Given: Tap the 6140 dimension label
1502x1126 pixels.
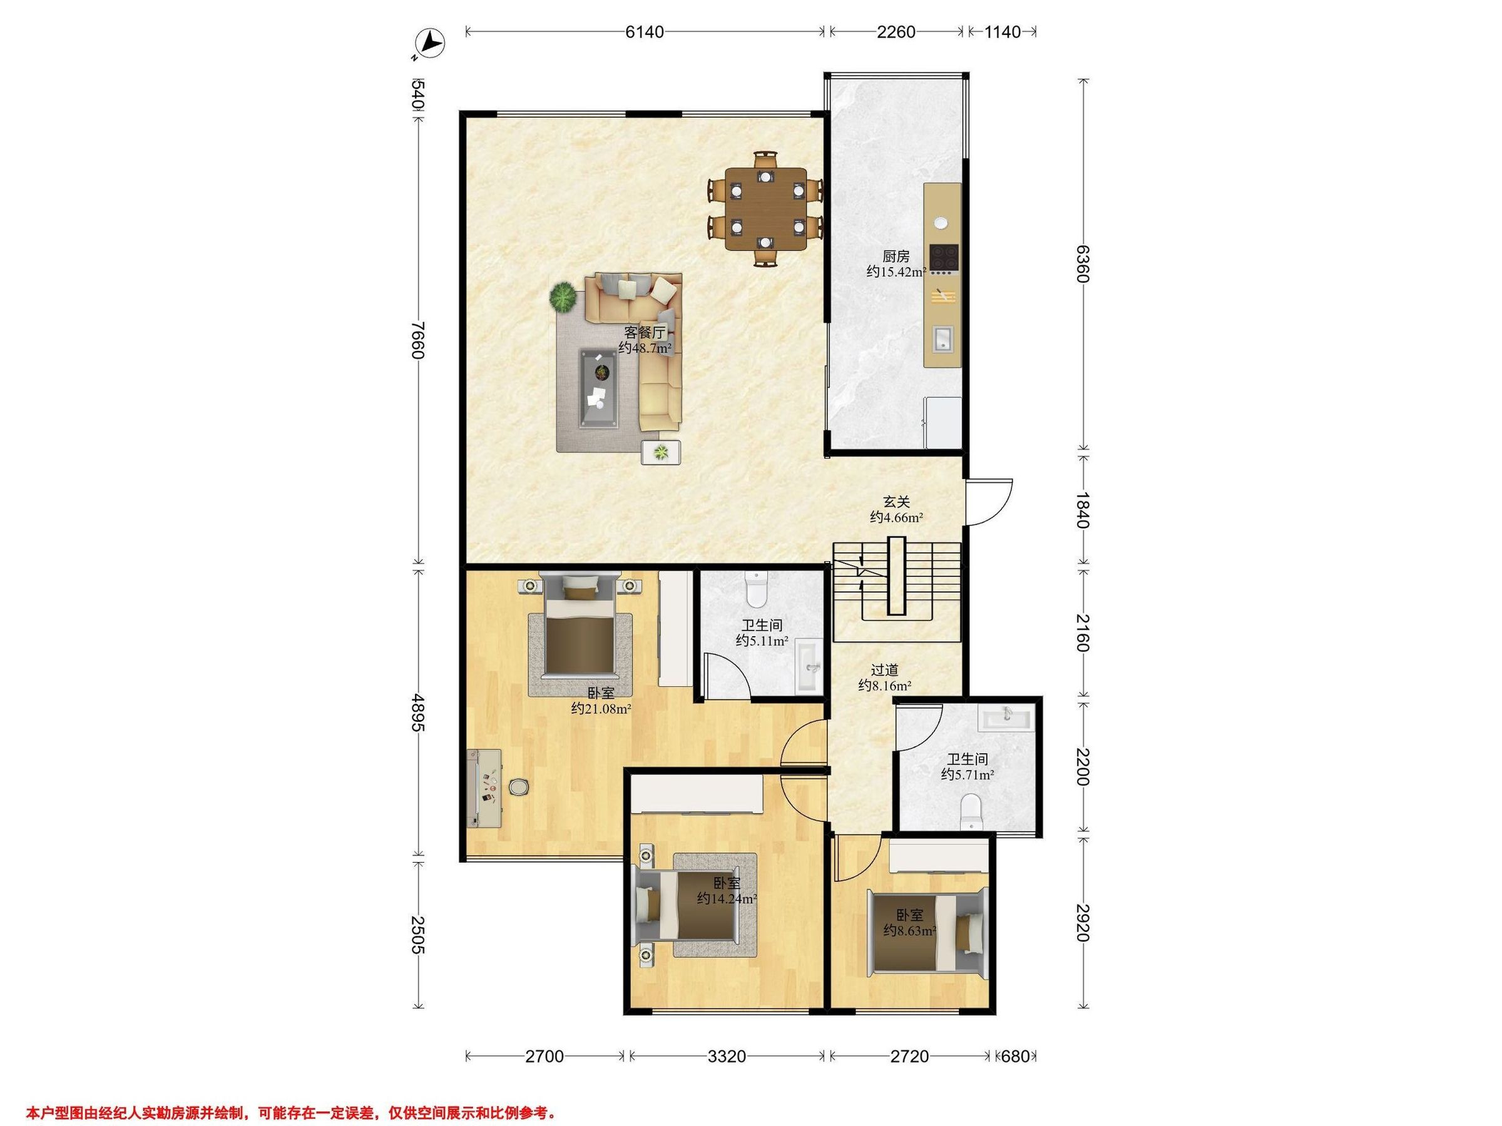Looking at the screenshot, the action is [645, 32].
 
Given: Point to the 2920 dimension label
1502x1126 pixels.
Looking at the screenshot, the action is [1082, 923].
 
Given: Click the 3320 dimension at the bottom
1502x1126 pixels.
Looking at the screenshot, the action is [727, 1057].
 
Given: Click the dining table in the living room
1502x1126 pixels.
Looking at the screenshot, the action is [766, 208].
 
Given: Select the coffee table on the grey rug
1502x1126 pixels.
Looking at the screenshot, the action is [600, 388].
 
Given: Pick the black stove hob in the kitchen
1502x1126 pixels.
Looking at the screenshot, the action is [944, 257].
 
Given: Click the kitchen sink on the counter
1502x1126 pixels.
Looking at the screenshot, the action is [943, 337].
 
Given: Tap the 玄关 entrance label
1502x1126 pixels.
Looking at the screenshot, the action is [896, 502].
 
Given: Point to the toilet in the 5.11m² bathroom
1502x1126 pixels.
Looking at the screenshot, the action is [755, 589].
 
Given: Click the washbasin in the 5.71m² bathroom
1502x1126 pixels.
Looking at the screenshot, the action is [1005, 718].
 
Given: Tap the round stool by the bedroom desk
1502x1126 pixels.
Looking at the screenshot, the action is [519, 787].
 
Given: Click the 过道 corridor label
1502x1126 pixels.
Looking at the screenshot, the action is [885, 670].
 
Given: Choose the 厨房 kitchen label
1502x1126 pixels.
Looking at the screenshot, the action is [896, 256].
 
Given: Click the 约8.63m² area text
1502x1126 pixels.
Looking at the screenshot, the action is [910, 931].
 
